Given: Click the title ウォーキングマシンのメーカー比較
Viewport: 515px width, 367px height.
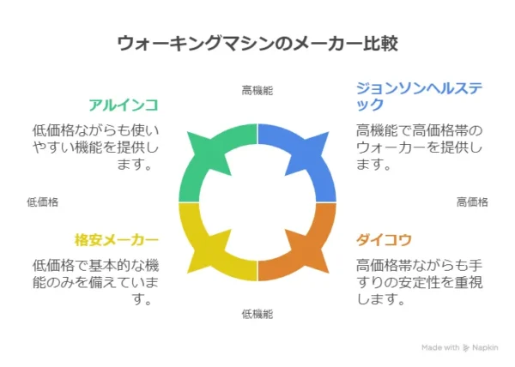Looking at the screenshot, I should tap(257, 44).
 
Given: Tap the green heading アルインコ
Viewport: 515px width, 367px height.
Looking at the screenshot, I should tap(124, 105).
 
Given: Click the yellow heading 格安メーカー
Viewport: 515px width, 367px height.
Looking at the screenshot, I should tap(116, 239).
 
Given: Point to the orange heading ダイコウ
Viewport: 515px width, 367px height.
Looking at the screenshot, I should tap(383, 239).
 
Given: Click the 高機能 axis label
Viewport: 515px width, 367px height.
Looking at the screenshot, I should tap(257, 89).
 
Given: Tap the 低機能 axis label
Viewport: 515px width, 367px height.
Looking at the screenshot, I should tap(257, 315).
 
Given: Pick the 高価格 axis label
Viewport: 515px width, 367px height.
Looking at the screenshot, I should tap(472, 202).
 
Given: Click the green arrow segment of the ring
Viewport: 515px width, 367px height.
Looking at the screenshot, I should tap(210, 159).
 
